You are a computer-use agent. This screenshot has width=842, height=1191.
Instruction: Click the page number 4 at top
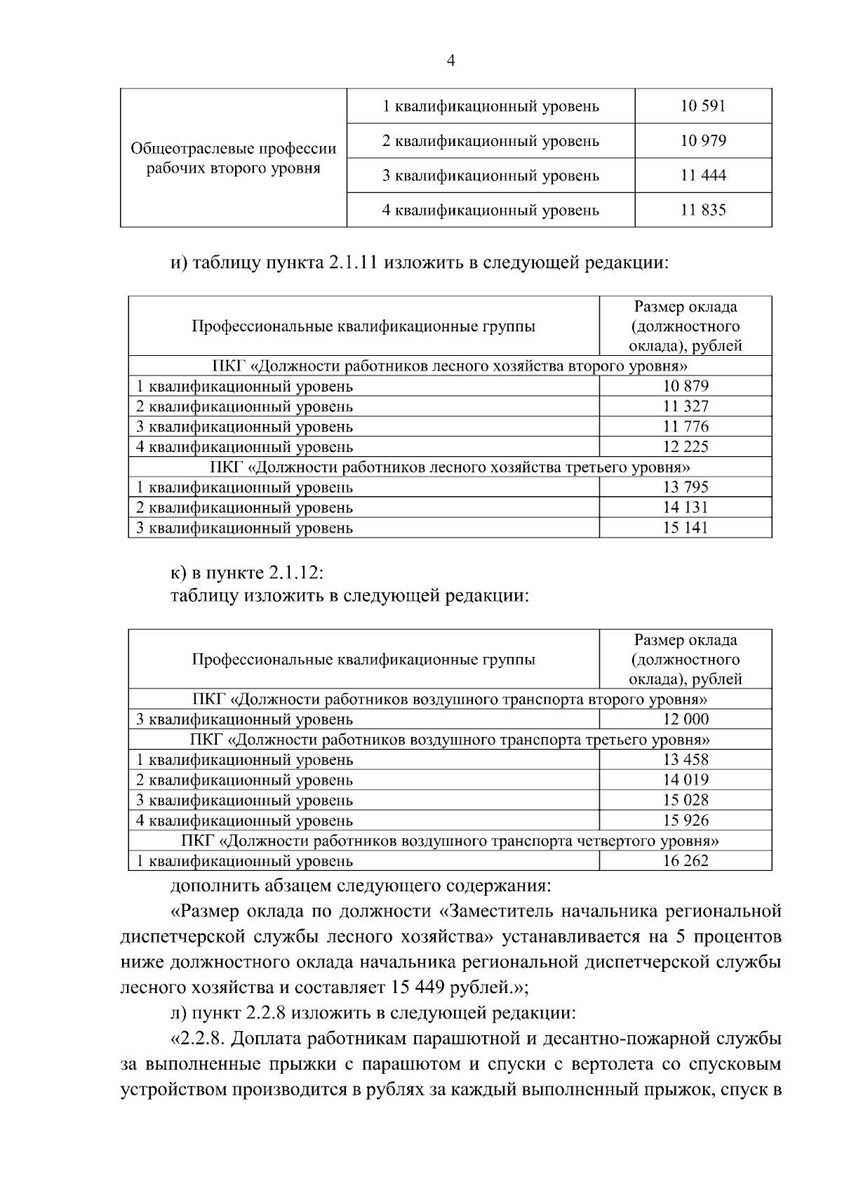[450, 61]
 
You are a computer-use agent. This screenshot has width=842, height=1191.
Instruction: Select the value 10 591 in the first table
[702, 106]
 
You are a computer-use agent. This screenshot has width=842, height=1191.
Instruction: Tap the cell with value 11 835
[702, 210]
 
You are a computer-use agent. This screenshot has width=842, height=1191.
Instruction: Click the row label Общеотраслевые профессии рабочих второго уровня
[234, 159]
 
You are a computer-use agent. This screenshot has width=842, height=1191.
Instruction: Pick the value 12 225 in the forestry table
[686, 446]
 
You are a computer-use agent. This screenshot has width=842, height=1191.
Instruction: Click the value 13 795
[686, 487]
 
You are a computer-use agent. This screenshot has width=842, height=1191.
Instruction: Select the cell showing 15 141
[686, 528]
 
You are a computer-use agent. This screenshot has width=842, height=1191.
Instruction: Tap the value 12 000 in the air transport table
[686, 719]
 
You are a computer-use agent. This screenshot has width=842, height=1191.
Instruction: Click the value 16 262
[686, 861]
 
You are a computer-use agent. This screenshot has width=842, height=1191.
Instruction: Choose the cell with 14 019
[686, 780]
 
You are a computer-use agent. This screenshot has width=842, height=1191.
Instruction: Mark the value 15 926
[686, 820]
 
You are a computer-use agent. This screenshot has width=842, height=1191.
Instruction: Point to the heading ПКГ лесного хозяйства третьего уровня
[450, 467]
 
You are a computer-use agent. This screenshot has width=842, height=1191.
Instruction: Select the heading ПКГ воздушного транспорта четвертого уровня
[450, 841]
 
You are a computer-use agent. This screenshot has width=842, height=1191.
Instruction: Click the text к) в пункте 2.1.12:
[247, 572]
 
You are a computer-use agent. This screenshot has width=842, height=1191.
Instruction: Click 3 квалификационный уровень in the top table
[490, 175]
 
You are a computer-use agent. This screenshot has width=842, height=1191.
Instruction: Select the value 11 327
[686, 406]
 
